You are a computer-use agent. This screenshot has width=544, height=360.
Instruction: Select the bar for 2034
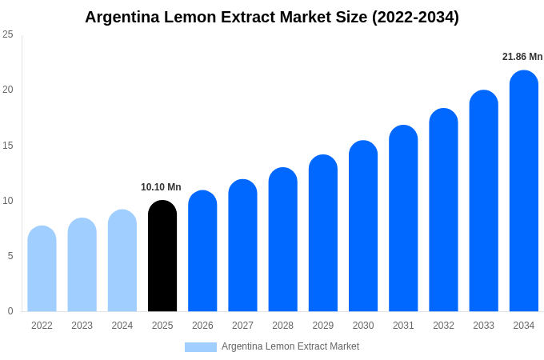pyautogui.click(x=524, y=192)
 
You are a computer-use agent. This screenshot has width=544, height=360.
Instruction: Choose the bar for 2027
pyautogui.click(x=242, y=246)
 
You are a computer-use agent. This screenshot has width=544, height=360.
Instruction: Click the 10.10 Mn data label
pyautogui.click(x=161, y=187)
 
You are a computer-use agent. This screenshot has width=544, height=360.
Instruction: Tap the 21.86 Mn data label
pyautogui.click(x=522, y=57)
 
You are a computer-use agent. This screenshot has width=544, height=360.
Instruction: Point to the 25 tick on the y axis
pyautogui.click(x=8, y=34)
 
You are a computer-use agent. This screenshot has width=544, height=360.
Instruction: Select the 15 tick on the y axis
pyautogui.click(x=8, y=146)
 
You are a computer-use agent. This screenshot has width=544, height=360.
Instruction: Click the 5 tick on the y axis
pyautogui.click(x=10, y=256)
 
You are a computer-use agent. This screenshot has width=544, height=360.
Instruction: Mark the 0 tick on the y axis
pyautogui.click(x=10, y=311)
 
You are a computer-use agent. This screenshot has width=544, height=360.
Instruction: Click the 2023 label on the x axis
pyautogui.click(x=82, y=326)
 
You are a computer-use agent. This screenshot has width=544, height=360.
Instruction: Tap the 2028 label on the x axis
pyautogui.click(x=282, y=326)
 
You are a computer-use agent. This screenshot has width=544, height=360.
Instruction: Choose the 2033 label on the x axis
pyautogui.click(x=483, y=326)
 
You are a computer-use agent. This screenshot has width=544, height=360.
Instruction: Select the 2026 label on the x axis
pyautogui.click(x=202, y=326)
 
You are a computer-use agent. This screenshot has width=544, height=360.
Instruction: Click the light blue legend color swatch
pyautogui.click(x=200, y=347)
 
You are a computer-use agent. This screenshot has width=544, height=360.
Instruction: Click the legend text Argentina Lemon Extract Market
pyautogui.click(x=290, y=346)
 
